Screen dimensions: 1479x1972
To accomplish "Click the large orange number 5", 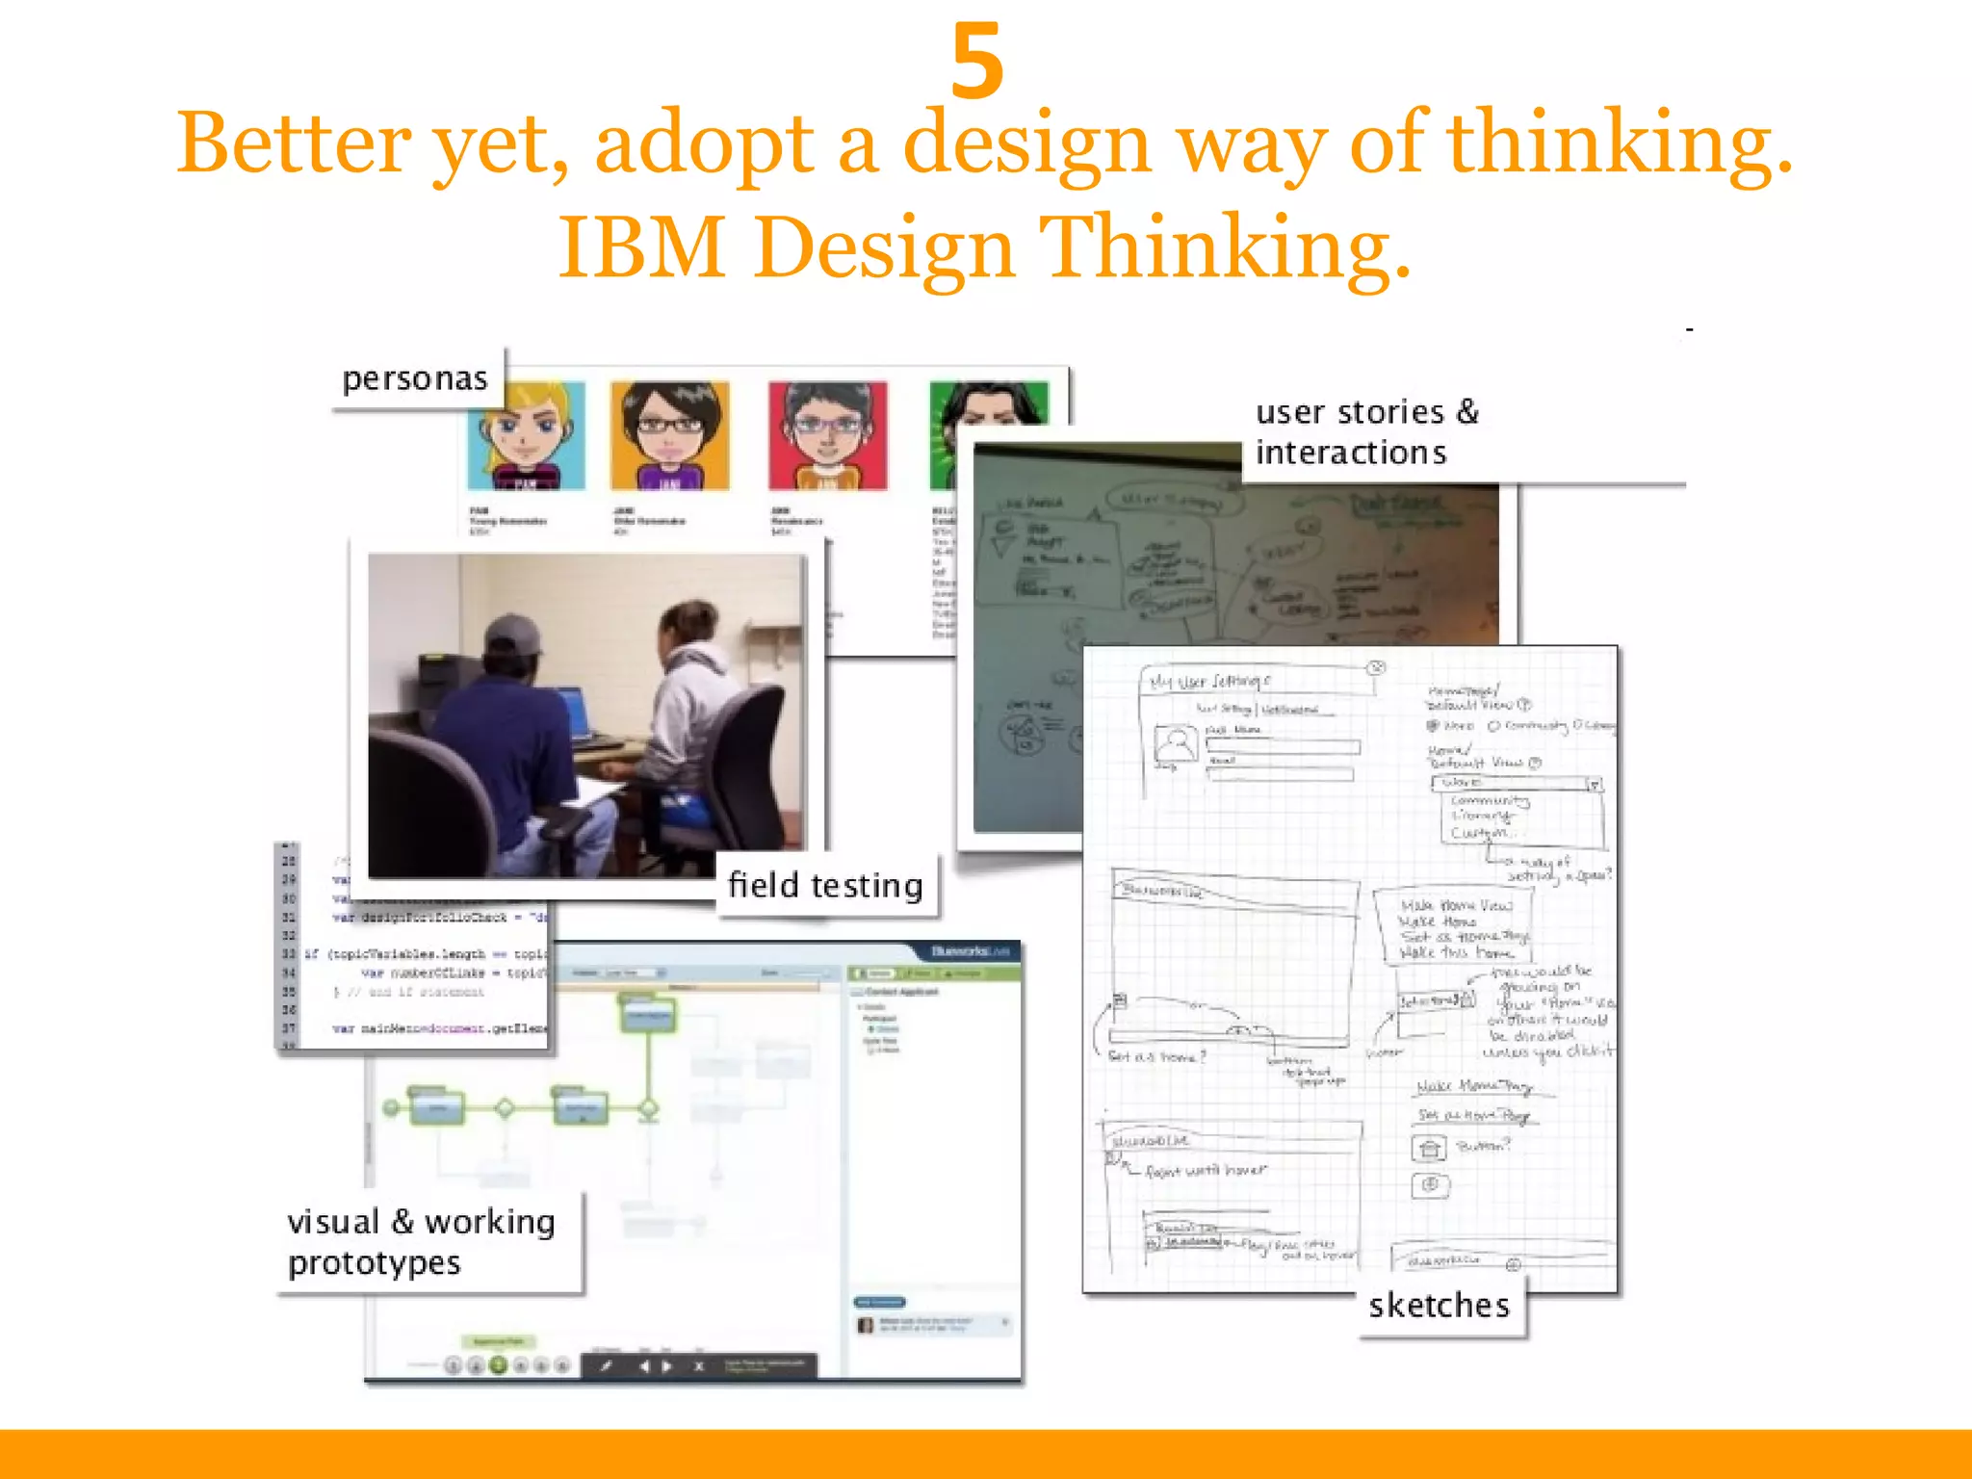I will (977, 62).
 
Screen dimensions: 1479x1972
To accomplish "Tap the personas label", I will (415, 379).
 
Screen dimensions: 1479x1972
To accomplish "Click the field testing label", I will (825, 885).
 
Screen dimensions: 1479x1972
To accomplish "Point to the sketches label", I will (1439, 1306).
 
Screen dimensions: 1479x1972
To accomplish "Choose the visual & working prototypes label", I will (422, 1242).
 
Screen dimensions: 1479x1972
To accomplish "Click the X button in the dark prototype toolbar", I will (699, 1365).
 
